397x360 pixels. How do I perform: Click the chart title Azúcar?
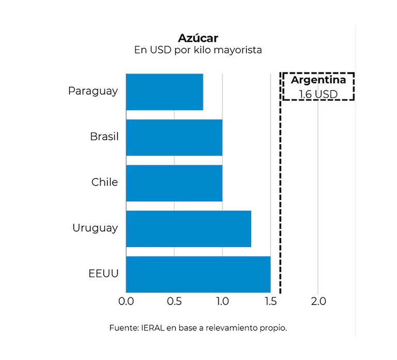coord(198,38)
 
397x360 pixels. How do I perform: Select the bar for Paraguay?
coord(164,92)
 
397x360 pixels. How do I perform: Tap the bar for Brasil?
coord(174,137)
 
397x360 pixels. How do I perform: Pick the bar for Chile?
coord(174,183)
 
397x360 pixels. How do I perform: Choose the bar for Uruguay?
coord(188,228)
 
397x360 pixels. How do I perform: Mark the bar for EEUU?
coord(198,274)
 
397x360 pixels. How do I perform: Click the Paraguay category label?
coord(93,91)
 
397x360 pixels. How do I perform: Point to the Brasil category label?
coord(104,137)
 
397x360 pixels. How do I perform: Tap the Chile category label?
coord(104,182)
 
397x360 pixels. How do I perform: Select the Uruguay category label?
coord(95,228)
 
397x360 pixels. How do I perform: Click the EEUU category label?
coord(103,273)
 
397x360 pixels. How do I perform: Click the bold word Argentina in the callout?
coord(318,80)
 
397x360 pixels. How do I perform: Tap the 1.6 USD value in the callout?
coord(318,95)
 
